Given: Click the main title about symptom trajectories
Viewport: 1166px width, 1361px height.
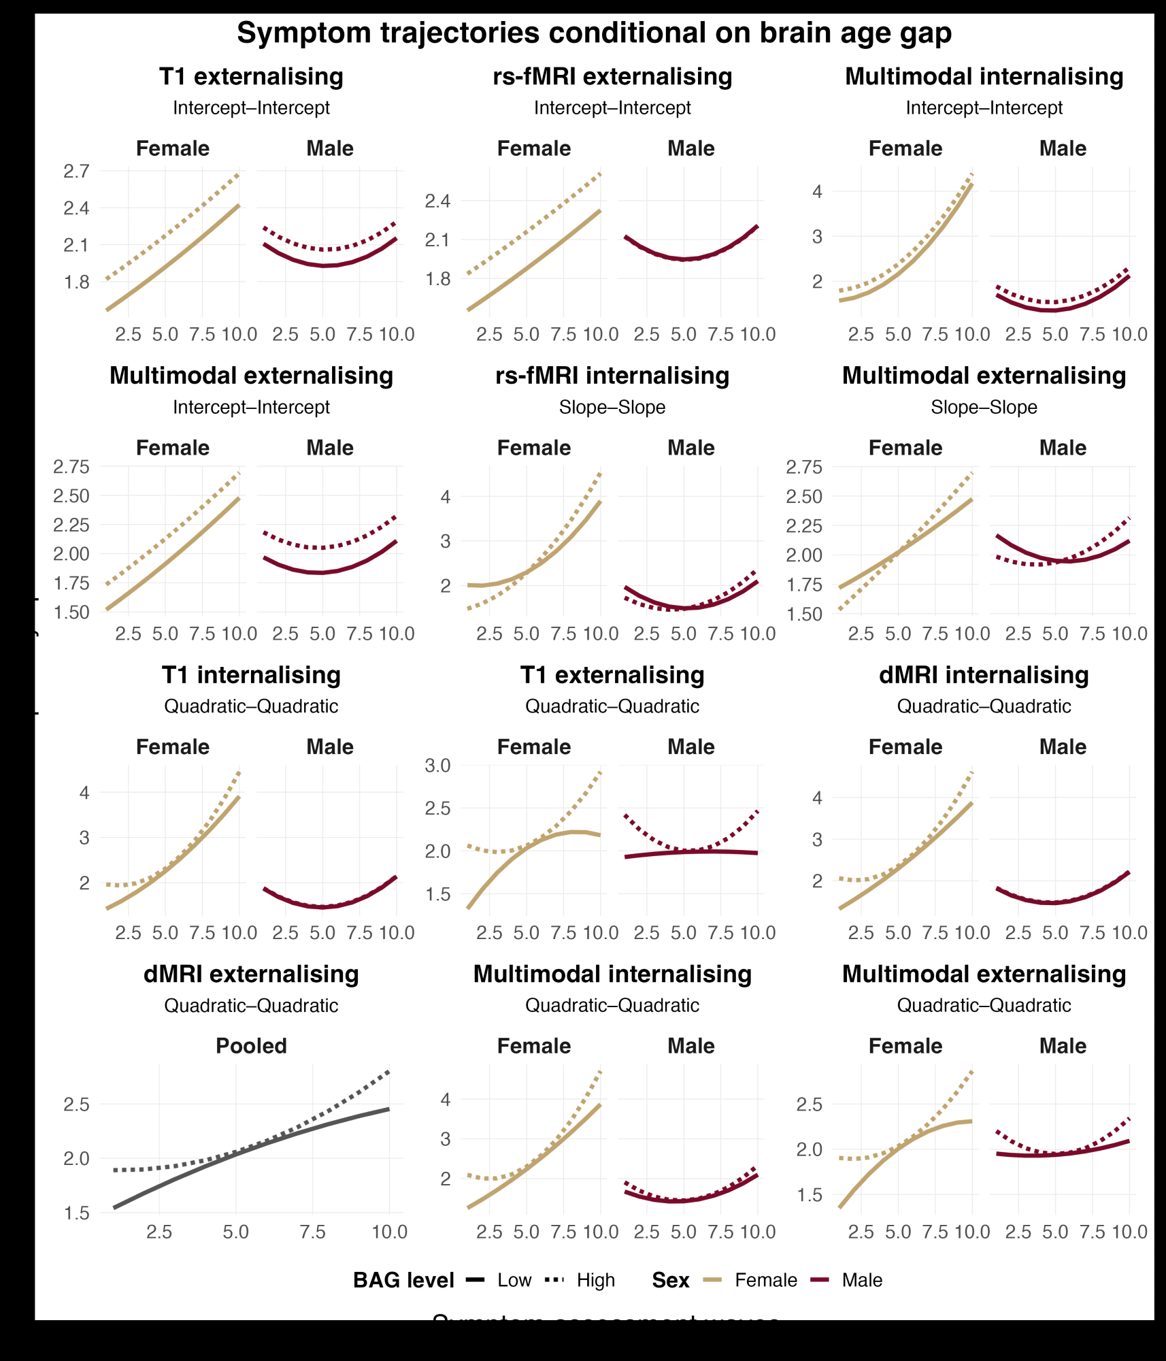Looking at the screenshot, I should pos(594,33).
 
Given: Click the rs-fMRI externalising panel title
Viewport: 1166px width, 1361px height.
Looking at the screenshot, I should pos(612,76).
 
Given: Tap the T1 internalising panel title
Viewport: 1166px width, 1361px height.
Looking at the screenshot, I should pos(251,674).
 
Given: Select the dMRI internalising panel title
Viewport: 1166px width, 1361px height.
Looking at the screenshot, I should pos(984,674).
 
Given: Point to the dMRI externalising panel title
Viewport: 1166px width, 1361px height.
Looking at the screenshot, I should pos(251,974).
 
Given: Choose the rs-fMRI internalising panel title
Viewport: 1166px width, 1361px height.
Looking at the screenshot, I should pos(612,375).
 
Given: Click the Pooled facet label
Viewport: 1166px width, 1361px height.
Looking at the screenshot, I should pos(251,1045).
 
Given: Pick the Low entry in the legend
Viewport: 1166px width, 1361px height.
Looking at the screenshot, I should pos(514,1280).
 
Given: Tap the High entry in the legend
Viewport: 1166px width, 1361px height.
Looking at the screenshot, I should pos(595,1280).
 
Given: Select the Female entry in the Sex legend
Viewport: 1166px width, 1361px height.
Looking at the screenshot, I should pos(765,1280).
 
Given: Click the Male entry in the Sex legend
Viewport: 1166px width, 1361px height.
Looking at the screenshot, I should pos(861,1280).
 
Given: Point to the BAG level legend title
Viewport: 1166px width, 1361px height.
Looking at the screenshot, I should pos(403,1280).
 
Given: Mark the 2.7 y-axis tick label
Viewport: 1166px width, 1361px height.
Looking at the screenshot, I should pos(76,171).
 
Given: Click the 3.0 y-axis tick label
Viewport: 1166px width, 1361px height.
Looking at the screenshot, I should pos(437,766).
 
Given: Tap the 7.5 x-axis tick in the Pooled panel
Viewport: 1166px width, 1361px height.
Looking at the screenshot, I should pos(313,1231).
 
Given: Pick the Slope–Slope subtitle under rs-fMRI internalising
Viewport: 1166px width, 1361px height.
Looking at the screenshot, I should pos(612,407).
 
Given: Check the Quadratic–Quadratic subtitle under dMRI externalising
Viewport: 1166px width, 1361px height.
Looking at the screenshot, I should pos(251,1005).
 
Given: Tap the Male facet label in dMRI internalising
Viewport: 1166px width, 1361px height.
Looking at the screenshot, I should pos(1063,747).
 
